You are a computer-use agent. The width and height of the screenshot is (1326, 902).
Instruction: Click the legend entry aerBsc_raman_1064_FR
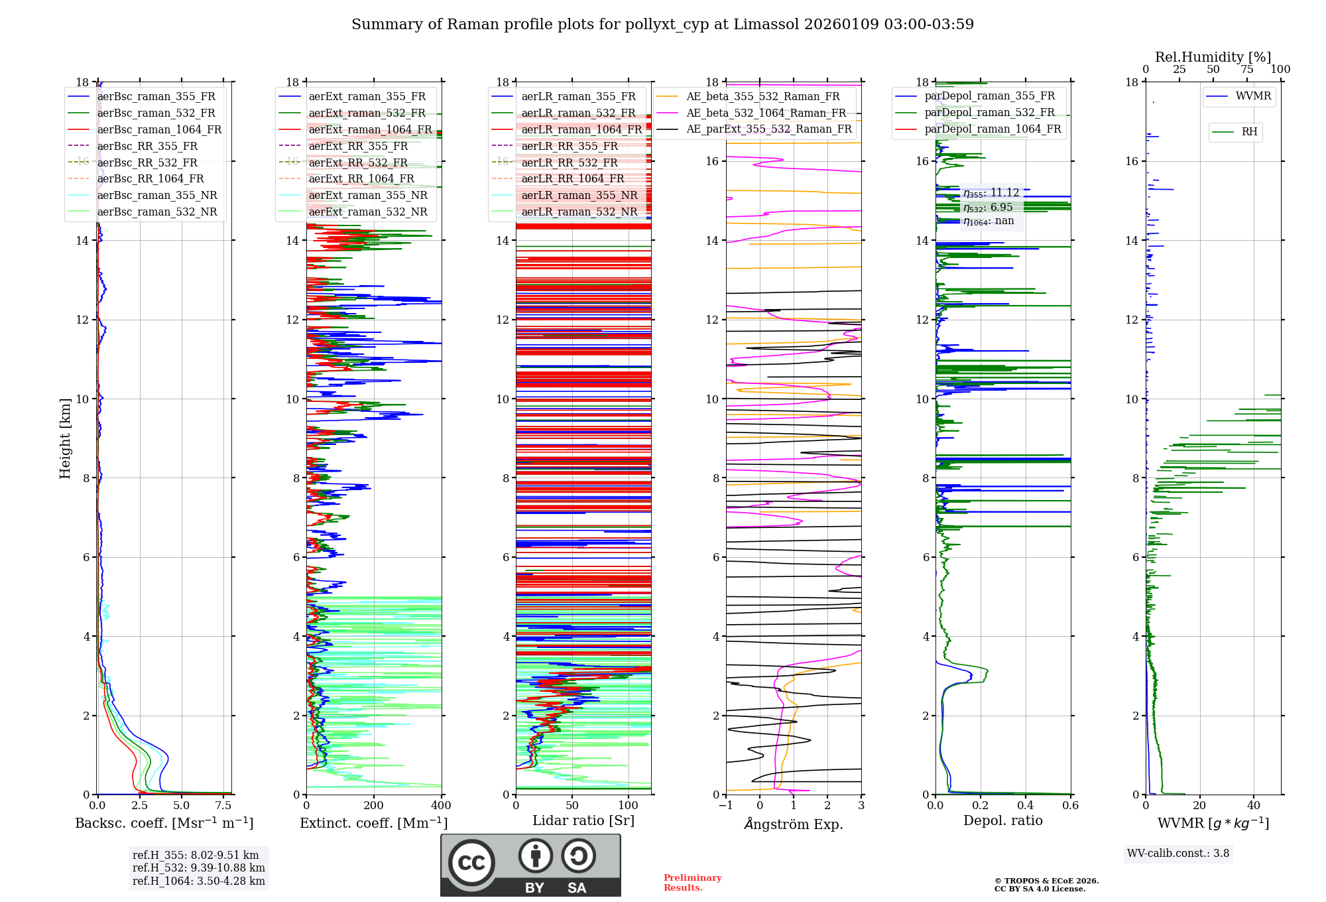tap(159, 130)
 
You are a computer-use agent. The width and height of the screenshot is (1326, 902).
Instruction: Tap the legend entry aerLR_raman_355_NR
tap(579, 195)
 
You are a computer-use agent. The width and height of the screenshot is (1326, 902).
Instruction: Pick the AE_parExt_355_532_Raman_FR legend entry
tap(768, 129)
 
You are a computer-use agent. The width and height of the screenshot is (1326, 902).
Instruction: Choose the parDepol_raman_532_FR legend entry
tap(989, 113)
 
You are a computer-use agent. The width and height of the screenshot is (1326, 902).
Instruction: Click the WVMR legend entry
tap(1253, 96)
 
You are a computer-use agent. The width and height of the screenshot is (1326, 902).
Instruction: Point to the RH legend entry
tap(1249, 132)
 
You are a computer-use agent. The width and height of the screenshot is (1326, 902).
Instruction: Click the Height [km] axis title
tap(65, 438)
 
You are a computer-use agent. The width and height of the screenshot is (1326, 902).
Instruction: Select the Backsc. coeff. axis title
tap(164, 823)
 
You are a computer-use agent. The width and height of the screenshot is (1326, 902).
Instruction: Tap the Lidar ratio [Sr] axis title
tap(583, 820)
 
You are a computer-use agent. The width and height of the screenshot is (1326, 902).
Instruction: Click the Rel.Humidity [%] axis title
tap(1213, 57)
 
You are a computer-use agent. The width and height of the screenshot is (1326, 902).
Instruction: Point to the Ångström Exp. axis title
tap(794, 824)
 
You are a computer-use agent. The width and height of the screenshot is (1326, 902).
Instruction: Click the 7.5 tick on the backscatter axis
tap(223, 806)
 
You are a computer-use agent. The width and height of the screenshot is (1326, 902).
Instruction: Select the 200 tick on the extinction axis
tap(373, 806)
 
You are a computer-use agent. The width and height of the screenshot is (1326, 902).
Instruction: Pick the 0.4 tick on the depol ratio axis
tap(1026, 806)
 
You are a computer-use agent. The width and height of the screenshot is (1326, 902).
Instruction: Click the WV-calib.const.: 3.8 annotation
tap(1178, 854)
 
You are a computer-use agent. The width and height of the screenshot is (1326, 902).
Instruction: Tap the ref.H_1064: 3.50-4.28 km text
tap(199, 881)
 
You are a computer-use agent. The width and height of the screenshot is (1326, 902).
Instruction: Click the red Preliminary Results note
tap(692, 883)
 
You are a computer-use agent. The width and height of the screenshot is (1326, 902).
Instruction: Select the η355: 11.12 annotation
tap(991, 193)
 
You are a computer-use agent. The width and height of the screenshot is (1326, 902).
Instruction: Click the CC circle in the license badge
tap(471, 863)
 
